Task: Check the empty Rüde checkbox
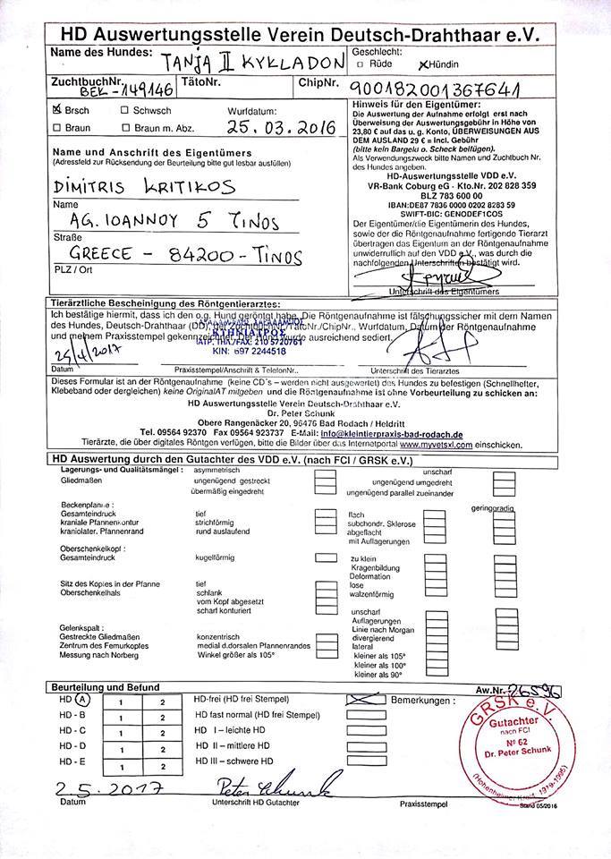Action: click(x=360, y=64)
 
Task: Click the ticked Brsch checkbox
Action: click(x=58, y=110)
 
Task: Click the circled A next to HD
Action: click(x=82, y=700)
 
